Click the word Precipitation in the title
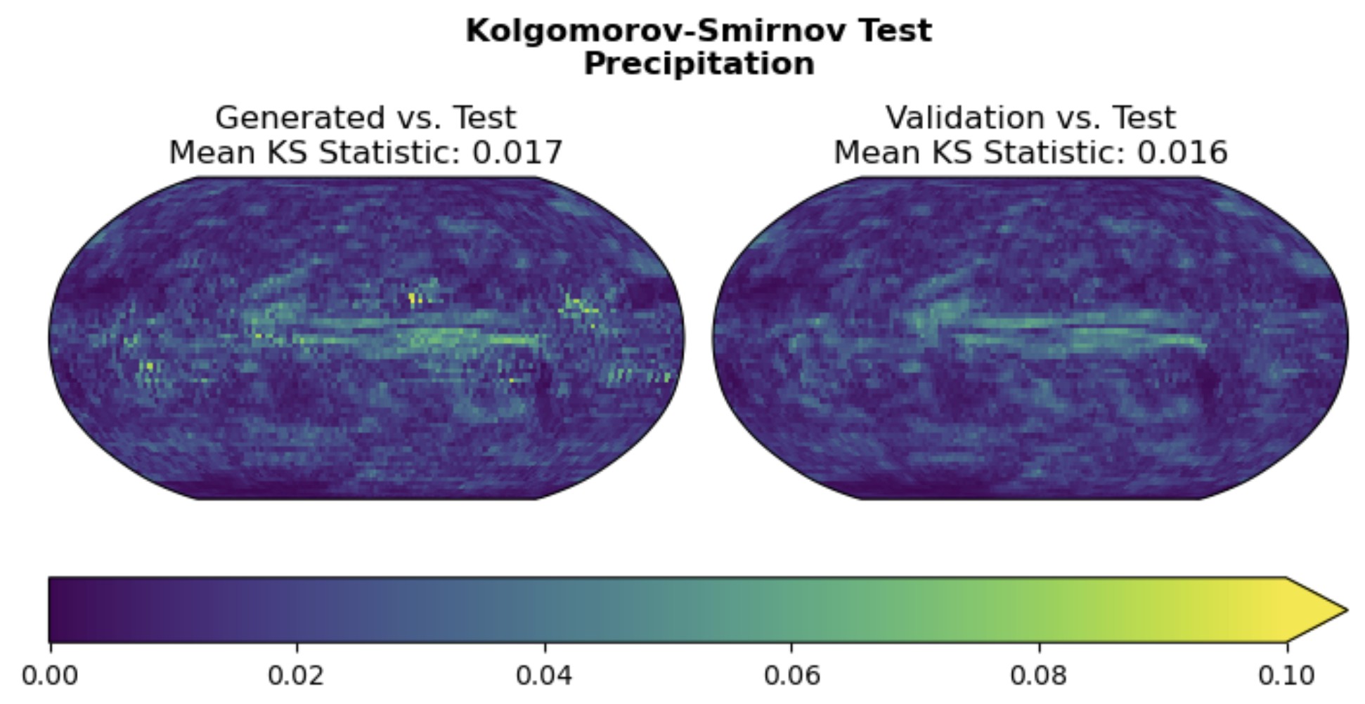[x=699, y=64]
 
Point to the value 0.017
[x=517, y=152]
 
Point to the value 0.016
[x=1182, y=152]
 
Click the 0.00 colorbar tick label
[x=49, y=676]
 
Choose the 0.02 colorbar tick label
[x=296, y=676]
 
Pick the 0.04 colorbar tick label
[x=544, y=676]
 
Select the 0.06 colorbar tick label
[x=791, y=676]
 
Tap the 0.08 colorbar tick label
[x=1039, y=676]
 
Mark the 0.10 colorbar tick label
[x=1286, y=676]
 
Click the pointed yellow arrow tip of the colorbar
[x=1339, y=610]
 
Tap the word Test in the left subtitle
[x=484, y=118]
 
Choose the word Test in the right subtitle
[x=1144, y=118]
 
